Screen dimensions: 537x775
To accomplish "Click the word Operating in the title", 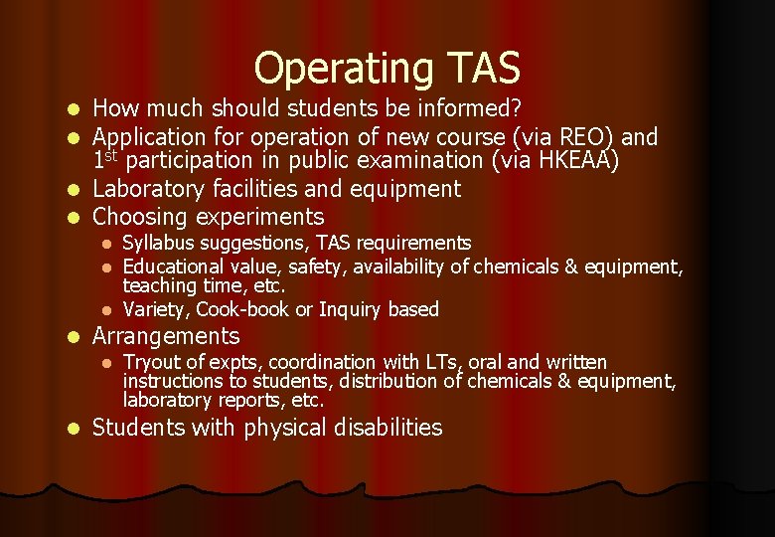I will tap(341, 69).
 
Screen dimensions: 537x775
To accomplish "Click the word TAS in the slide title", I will tap(482, 69).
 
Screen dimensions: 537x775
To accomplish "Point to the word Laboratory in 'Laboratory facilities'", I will tap(145, 189).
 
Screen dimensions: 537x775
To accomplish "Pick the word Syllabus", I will tap(155, 244).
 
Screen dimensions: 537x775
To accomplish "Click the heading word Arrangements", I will tap(165, 336).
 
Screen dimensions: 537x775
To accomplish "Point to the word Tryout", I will tap(152, 362).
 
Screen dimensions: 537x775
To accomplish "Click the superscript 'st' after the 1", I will tap(114, 154).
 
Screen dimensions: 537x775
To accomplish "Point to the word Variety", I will tap(155, 309).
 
